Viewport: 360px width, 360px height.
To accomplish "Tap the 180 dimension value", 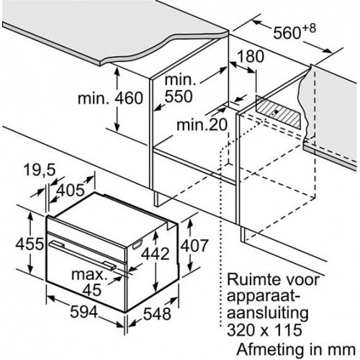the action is pos(250,57).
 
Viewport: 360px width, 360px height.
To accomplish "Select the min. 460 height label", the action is pos(110,98).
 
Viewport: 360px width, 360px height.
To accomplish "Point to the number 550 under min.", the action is pos(179,96).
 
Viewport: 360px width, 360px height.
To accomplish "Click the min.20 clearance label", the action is pos(202,125).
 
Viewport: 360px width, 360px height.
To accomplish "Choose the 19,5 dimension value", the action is pos(40,170).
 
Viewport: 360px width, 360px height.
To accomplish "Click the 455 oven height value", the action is pos(30,244).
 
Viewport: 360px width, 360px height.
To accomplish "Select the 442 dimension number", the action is pos(155,253).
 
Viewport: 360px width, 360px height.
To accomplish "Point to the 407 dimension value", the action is pos(194,246).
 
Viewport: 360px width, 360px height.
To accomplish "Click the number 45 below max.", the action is pos(92,289).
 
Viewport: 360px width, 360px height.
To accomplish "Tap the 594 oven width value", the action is pos(84,312).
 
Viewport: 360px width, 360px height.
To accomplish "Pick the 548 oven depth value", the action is pos(157,313).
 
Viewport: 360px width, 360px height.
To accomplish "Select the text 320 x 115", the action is pos(264,330).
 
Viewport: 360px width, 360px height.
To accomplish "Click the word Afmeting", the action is pos(269,349).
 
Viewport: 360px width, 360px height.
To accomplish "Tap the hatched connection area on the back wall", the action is pos(278,112).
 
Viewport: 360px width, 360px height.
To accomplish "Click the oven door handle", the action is pos(82,256).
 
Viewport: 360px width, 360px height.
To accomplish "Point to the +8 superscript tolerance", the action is pos(309,28).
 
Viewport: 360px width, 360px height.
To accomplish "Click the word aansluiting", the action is pos(268,313).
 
